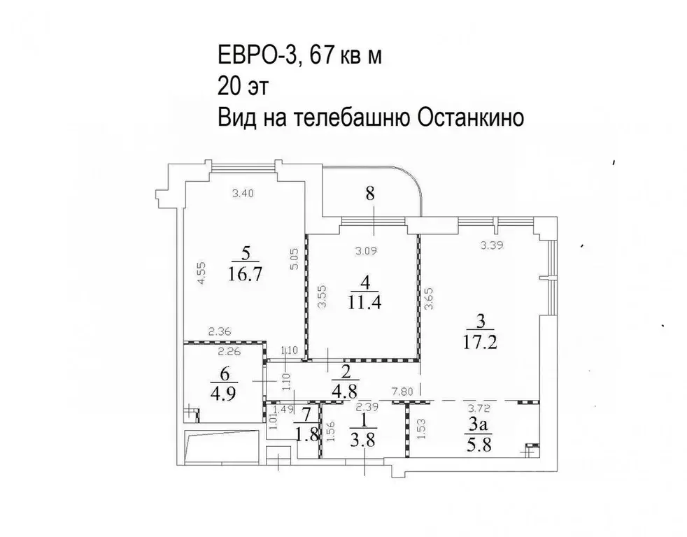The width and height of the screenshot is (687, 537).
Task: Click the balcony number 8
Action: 371,194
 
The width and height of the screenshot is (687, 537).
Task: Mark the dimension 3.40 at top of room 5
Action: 243,194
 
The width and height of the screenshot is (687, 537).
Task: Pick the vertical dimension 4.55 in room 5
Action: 201,272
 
